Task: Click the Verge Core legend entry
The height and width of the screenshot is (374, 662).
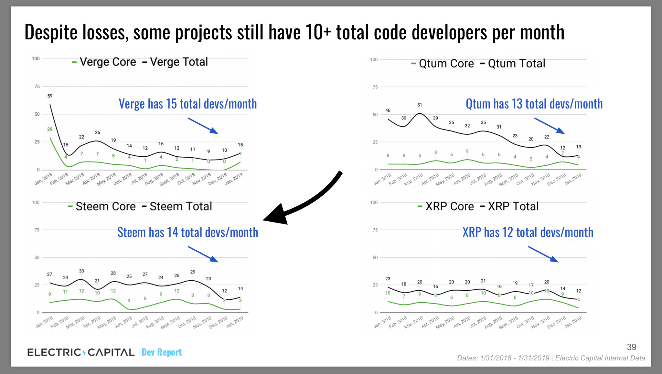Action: pos(104,62)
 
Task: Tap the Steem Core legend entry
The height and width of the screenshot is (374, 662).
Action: pos(102,206)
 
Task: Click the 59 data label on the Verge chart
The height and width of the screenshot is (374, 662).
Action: pos(50,96)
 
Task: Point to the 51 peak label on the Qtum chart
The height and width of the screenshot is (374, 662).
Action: pos(420,105)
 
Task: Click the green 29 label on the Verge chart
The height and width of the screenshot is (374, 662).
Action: pos(50,129)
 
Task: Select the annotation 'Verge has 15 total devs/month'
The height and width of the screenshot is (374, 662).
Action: pos(187,104)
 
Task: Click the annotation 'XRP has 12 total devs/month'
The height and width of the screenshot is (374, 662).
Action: pos(528,233)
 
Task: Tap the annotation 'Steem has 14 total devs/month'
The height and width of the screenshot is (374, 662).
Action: pos(187,233)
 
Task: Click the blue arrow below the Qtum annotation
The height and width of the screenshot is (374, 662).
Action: pos(550,126)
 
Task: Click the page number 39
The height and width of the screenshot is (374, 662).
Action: pos(631,347)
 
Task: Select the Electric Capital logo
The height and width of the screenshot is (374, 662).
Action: pos(81,352)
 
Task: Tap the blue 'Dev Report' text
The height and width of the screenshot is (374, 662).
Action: pos(162,352)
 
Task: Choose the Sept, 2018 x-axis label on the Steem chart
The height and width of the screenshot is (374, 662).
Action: pos(170,323)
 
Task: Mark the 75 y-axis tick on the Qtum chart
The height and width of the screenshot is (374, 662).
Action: pos(375,87)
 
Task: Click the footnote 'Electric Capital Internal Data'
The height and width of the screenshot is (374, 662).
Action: pos(600,358)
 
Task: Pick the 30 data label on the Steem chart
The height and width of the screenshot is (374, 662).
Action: pos(81,271)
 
